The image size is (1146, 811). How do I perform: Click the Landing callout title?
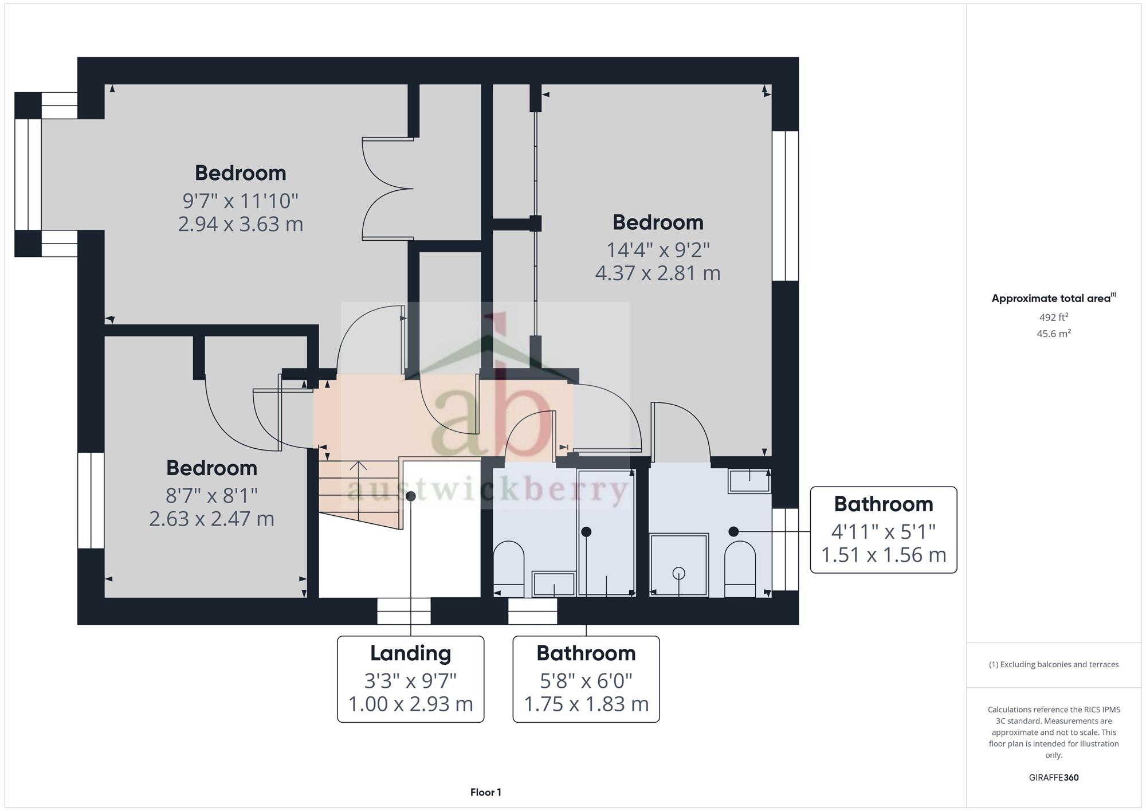[x=411, y=653]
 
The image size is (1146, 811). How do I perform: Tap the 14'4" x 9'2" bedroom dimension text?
[x=658, y=250]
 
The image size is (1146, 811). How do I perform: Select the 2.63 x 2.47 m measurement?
[x=211, y=519]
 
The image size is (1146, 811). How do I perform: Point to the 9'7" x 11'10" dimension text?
[x=240, y=201]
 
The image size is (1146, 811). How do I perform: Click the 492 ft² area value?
[x=1054, y=317]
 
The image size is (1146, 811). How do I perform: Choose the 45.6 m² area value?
[x=1054, y=333]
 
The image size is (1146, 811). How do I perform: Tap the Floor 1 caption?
[x=486, y=793]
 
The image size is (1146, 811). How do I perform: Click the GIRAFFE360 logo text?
[x=1054, y=778]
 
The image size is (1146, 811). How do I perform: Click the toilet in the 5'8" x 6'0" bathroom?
[x=509, y=569]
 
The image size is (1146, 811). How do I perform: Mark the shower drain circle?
[x=679, y=573]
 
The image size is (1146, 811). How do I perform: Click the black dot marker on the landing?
[x=411, y=496]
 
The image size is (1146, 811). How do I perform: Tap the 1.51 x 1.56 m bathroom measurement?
[x=884, y=555]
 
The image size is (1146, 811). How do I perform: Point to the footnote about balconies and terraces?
[x=1054, y=665]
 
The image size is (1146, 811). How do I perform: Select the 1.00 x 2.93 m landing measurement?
[x=411, y=704]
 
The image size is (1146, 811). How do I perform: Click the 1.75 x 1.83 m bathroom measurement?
[x=586, y=704]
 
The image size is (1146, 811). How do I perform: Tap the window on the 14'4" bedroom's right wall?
[x=785, y=206]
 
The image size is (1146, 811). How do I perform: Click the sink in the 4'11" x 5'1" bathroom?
[x=749, y=481]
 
